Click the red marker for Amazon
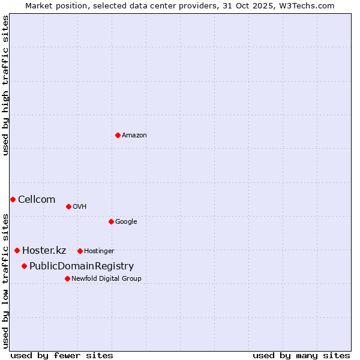click(118, 135)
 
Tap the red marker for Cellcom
click(13, 199)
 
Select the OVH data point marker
click(68, 206)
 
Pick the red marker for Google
click(111, 221)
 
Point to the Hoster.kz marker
click(17, 250)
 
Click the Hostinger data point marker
click(80, 251)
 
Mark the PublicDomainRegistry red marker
click(24, 266)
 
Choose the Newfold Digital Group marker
click(67, 278)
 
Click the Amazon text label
click(134, 136)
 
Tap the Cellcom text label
click(37, 199)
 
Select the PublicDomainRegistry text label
click(82, 266)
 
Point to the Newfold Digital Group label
click(106, 278)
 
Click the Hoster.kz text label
click(44, 251)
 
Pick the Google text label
click(126, 222)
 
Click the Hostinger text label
click(99, 251)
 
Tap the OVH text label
click(80, 207)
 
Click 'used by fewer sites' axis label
click(62, 355)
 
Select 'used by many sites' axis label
click(301, 355)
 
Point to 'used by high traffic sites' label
click(5, 85)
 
